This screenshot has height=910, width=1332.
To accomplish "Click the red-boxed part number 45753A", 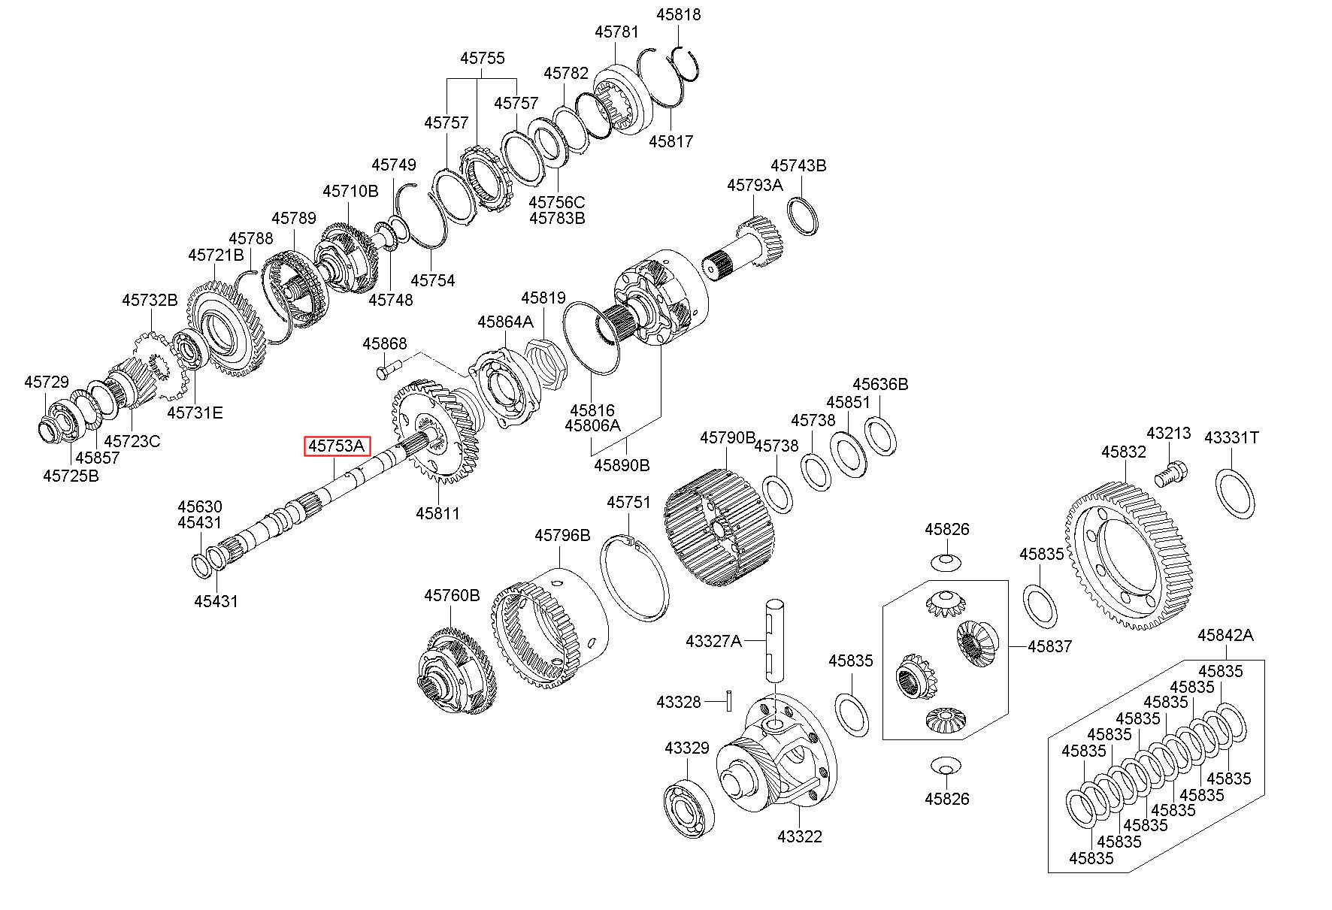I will (x=337, y=446).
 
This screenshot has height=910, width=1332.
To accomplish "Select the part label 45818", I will (x=678, y=14).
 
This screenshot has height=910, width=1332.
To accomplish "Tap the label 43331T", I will (x=1231, y=437).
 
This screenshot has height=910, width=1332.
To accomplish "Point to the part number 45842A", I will (x=1225, y=635).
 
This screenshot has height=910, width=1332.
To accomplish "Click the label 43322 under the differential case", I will (x=800, y=836).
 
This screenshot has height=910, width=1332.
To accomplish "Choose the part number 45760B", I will (x=452, y=596).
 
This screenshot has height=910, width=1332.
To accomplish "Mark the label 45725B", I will (x=71, y=476).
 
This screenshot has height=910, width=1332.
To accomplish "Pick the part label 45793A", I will (x=754, y=185).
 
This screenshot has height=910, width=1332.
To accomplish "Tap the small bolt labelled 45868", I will (x=387, y=368).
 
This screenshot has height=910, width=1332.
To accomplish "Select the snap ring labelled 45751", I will (x=634, y=579).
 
